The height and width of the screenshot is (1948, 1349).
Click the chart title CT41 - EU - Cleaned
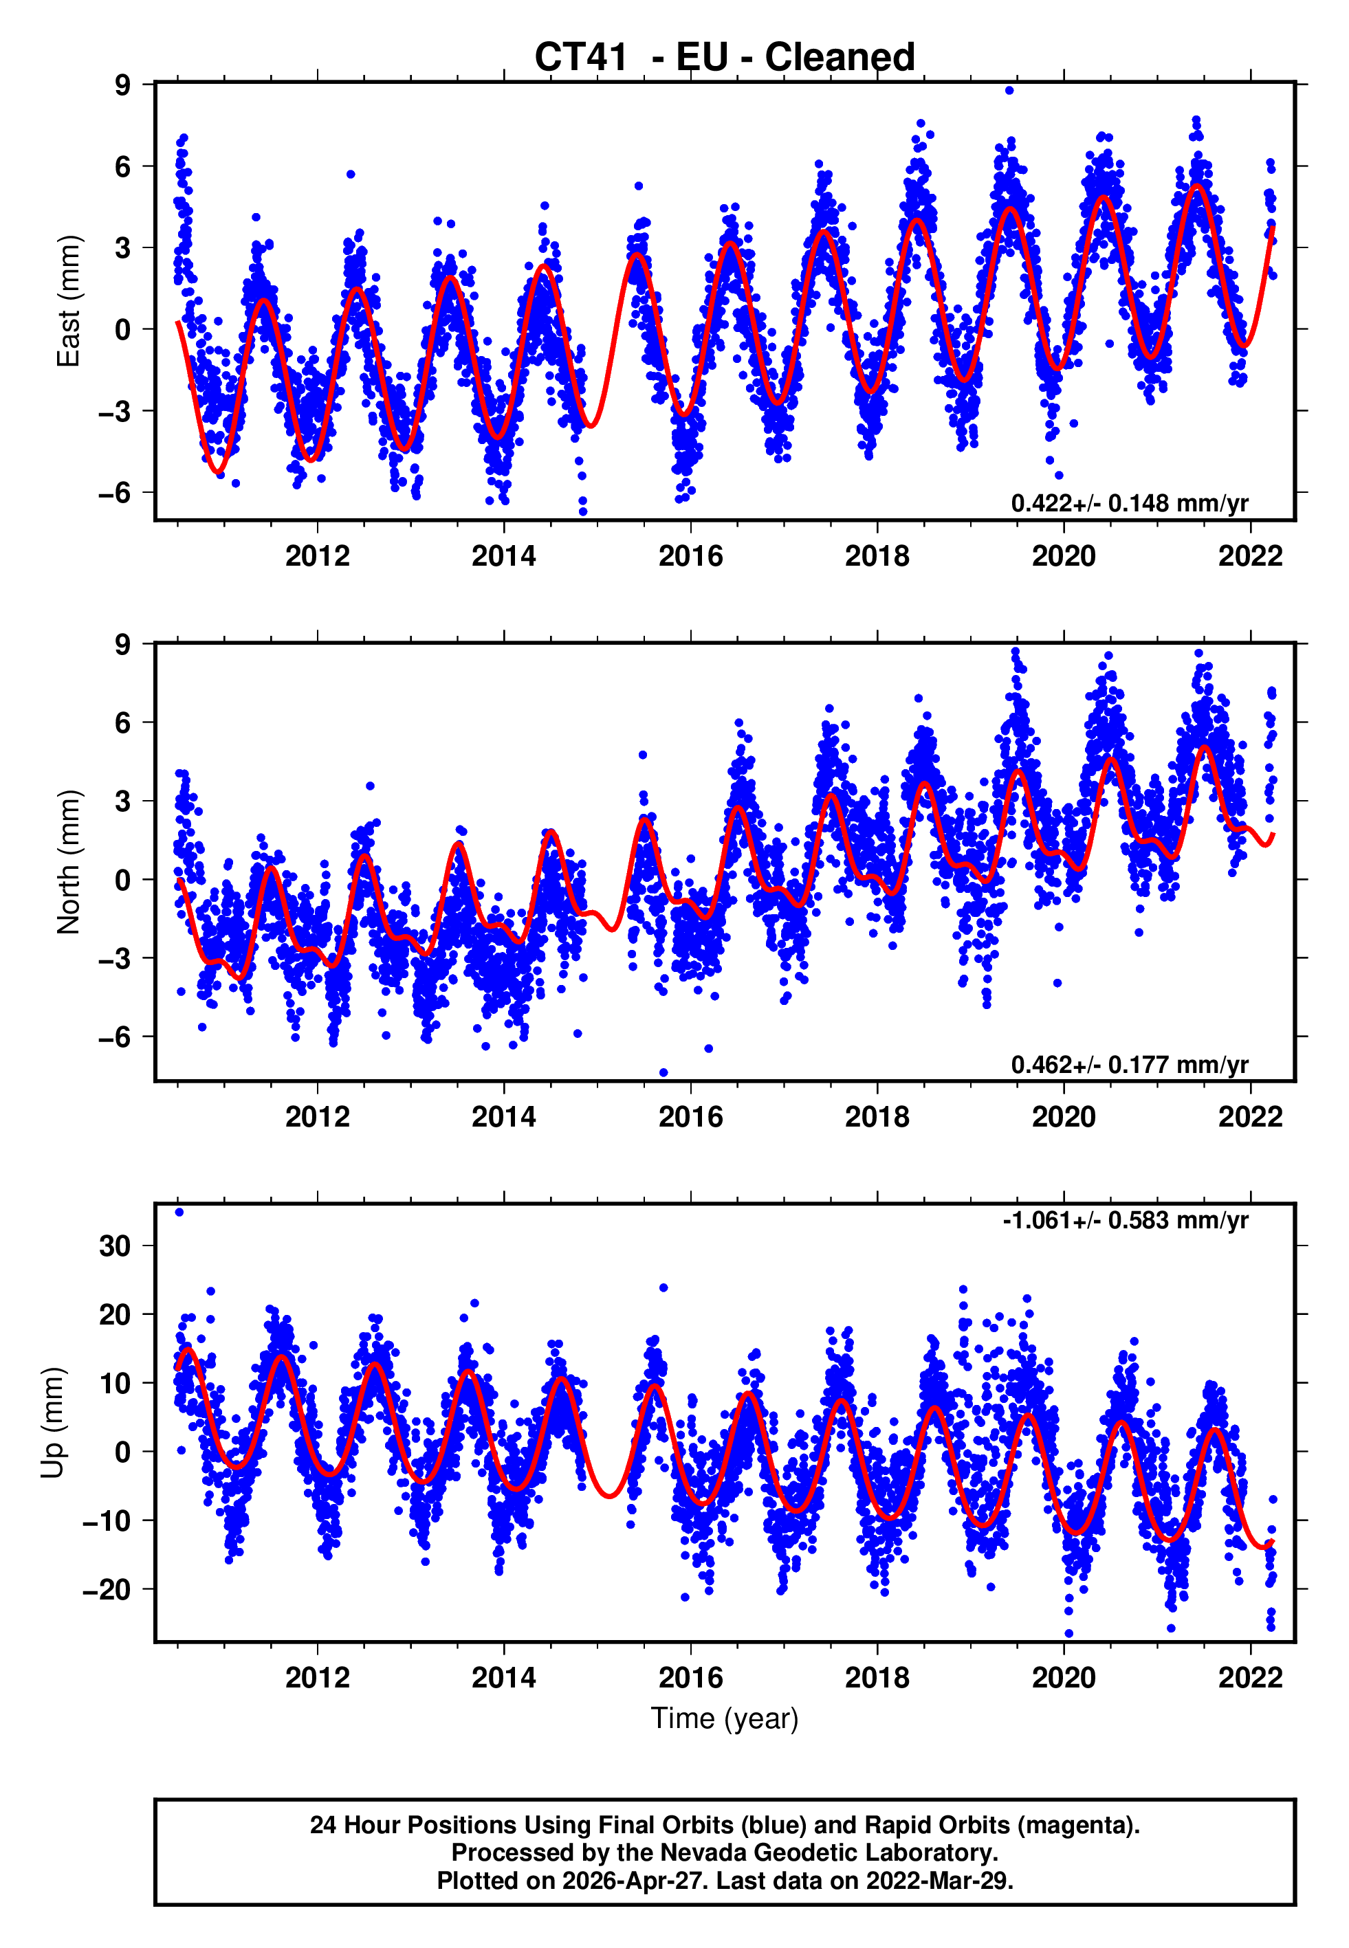725,58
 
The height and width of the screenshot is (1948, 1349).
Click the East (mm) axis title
69,301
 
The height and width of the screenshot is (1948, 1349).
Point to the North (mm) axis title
69,862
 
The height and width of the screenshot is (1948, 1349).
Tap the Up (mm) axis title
52,1423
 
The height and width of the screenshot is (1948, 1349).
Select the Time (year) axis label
725,1718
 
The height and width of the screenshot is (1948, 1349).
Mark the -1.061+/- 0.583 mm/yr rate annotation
1125,1221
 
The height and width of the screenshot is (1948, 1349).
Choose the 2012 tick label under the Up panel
317,1678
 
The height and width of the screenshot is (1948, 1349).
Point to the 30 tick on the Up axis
115,1246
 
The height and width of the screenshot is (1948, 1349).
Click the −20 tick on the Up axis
107,1590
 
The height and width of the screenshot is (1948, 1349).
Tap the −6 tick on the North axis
114,1037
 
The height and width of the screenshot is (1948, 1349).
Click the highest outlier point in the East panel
1009,90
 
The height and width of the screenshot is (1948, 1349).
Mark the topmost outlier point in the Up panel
179,1213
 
